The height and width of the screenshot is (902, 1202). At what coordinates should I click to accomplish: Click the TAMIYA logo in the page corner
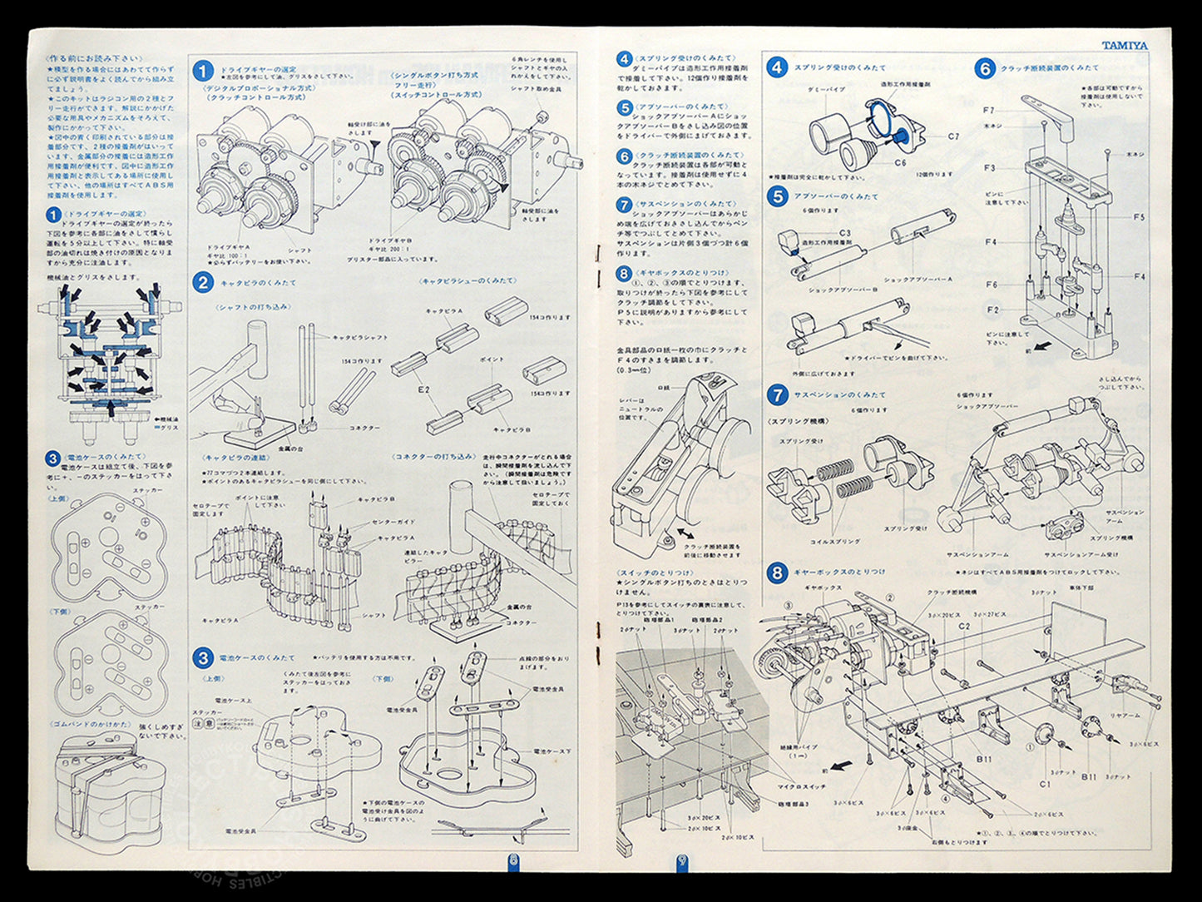pos(1125,46)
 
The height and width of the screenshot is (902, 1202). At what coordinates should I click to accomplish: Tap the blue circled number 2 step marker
pos(203,283)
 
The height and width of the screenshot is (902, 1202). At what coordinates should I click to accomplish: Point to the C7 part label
pos(952,136)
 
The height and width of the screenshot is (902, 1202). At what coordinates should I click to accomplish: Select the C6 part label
pos(900,163)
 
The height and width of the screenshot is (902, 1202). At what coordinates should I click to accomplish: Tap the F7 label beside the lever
pos(988,110)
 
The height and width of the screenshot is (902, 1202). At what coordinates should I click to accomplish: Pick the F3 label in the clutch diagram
pos(989,168)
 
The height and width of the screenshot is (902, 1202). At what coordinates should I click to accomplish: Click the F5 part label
pos(1139,217)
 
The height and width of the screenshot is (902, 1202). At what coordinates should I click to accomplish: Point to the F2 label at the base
pos(992,310)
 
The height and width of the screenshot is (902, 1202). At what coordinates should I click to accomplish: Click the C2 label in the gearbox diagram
pos(964,626)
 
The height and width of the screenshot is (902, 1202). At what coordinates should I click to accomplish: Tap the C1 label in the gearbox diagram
pos(1045,784)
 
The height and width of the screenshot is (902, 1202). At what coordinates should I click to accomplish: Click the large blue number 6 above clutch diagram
pos(985,69)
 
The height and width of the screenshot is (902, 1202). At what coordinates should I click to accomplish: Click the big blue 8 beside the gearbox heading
pos(777,572)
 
